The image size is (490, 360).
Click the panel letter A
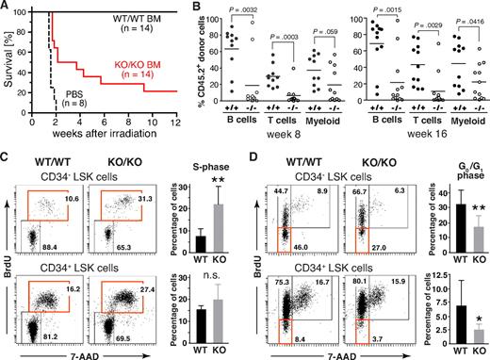pyautogui.click(x=7, y=8)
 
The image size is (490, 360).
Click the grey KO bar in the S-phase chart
pyautogui.click(x=214, y=230)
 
